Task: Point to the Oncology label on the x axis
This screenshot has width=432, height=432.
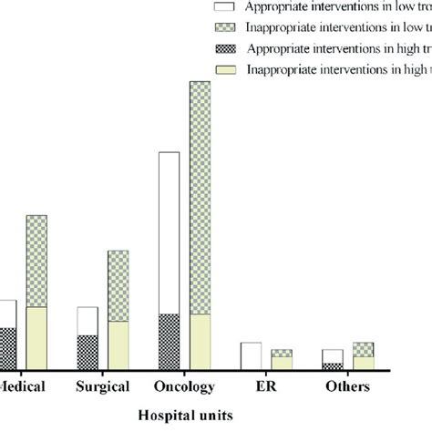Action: [x=185, y=386]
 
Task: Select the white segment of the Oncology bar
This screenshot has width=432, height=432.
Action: [x=170, y=232]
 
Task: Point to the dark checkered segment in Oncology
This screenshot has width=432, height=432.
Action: [x=170, y=341]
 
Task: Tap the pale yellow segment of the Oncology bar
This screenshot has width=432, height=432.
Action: [x=200, y=341]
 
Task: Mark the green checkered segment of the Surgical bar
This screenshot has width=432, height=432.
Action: [x=118, y=285]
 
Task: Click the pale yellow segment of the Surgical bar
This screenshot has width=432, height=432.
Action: [x=118, y=345]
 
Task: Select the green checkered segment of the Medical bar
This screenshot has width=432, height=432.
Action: [x=37, y=261]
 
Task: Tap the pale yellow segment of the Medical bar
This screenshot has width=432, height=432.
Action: [x=37, y=337]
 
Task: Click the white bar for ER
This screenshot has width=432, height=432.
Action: [x=251, y=355]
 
